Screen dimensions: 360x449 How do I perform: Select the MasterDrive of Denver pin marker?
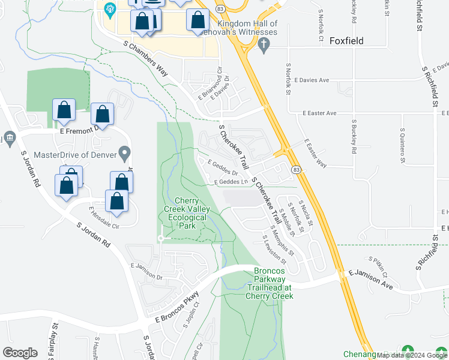pos(125,153)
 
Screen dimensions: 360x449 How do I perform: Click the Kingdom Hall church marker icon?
pos(263,44)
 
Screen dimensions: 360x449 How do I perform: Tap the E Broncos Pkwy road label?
pos(176,312)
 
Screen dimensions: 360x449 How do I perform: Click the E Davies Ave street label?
pos(316,80)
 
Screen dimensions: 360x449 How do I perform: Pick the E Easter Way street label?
pos(314,155)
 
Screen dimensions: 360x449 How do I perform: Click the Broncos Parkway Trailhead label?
pos(269,283)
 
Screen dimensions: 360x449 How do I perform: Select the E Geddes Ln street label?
pos(231,182)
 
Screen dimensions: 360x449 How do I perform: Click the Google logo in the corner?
pos(20,352)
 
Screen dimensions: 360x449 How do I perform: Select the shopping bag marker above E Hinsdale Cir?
pos(117,202)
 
